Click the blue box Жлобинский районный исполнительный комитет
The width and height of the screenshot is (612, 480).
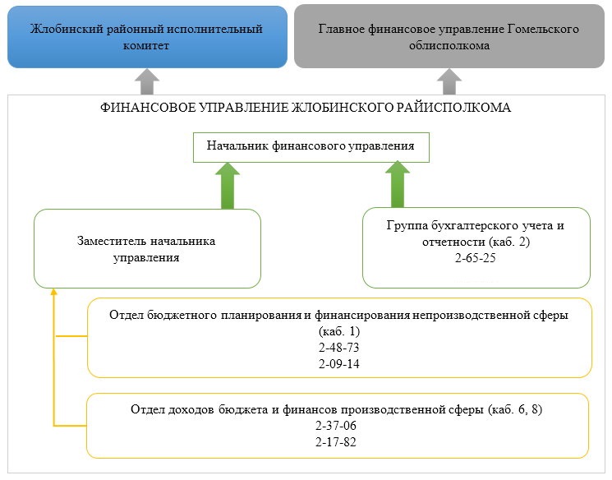(x=147, y=37)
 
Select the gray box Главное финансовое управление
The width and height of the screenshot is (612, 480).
(x=449, y=36)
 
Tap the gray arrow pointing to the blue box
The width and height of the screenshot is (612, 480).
(x=147, y=81)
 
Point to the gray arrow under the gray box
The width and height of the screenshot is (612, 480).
(x=449, y=81)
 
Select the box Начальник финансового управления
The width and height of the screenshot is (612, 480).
(x=311, y=147)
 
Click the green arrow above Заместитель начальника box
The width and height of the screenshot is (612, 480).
(x=228, y=186)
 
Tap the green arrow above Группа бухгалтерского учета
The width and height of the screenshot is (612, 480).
(x=398, y=184)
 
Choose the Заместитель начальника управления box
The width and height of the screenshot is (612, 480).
(x=147, y=248)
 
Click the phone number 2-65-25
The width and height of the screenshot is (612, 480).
(x=476, y=258)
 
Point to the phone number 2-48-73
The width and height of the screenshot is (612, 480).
(x=338, y=348)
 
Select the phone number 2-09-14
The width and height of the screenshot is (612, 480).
(x=338, y=364)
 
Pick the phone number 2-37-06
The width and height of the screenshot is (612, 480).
(x=336, y=426)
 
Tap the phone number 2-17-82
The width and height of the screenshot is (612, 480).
(x=336, y=442)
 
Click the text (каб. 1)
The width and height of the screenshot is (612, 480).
(x=338, y=331)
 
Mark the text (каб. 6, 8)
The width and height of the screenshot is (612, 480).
(x=515, y=409)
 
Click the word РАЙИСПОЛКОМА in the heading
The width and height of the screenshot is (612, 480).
(x=453, y=108)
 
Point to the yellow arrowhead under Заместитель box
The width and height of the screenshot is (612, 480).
(x=54, y=291)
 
